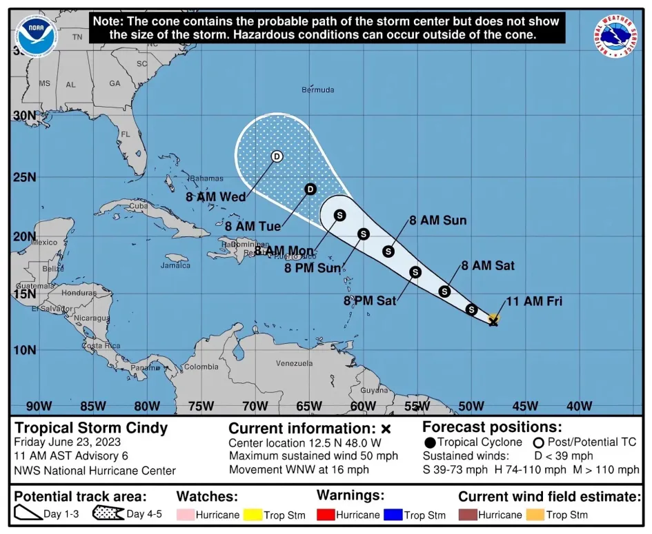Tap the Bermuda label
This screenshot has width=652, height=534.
click(x=318, y=90)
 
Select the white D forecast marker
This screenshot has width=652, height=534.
click(x=277, y=156)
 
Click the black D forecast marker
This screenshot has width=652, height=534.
click(x=310, y=189)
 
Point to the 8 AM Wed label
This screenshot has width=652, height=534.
click(x=216, y=197)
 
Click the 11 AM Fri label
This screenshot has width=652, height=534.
click(x=533, y=301)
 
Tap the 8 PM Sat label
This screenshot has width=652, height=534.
click(x=369, y=300)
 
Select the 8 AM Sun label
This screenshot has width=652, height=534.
click(x=437, y=221)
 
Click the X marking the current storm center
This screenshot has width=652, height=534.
click(x=493, y=320)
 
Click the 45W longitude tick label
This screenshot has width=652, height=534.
click(x=525, y=406)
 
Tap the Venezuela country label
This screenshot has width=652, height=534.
click(x=294, y=363)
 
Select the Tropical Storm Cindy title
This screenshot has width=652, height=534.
click(x=91, y=428)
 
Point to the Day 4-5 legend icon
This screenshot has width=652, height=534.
click(x=106, y=514)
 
